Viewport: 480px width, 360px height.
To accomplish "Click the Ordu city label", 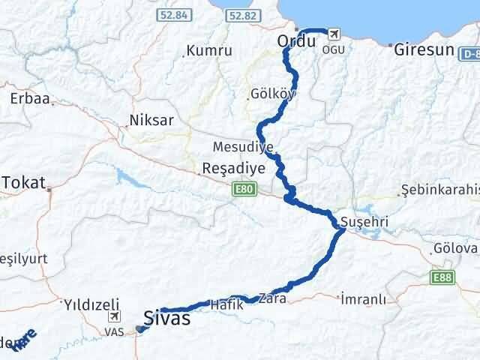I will pyautogui.click(x=296, y=42).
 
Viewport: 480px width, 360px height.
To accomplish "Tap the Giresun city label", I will pyautogui.click(x=422, y=50).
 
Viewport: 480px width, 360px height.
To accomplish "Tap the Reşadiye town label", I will pyautogui.click(x=233, y=169).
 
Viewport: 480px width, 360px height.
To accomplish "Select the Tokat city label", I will pyautogui.click(x=25, y=181).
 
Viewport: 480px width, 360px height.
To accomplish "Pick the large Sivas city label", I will pyautogui.click(x=166, y=318).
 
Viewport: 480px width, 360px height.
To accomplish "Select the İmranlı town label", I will pyautogui.click(x=363, y=299).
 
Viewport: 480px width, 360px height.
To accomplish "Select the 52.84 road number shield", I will pyautogui.click(x=172, y=15).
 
